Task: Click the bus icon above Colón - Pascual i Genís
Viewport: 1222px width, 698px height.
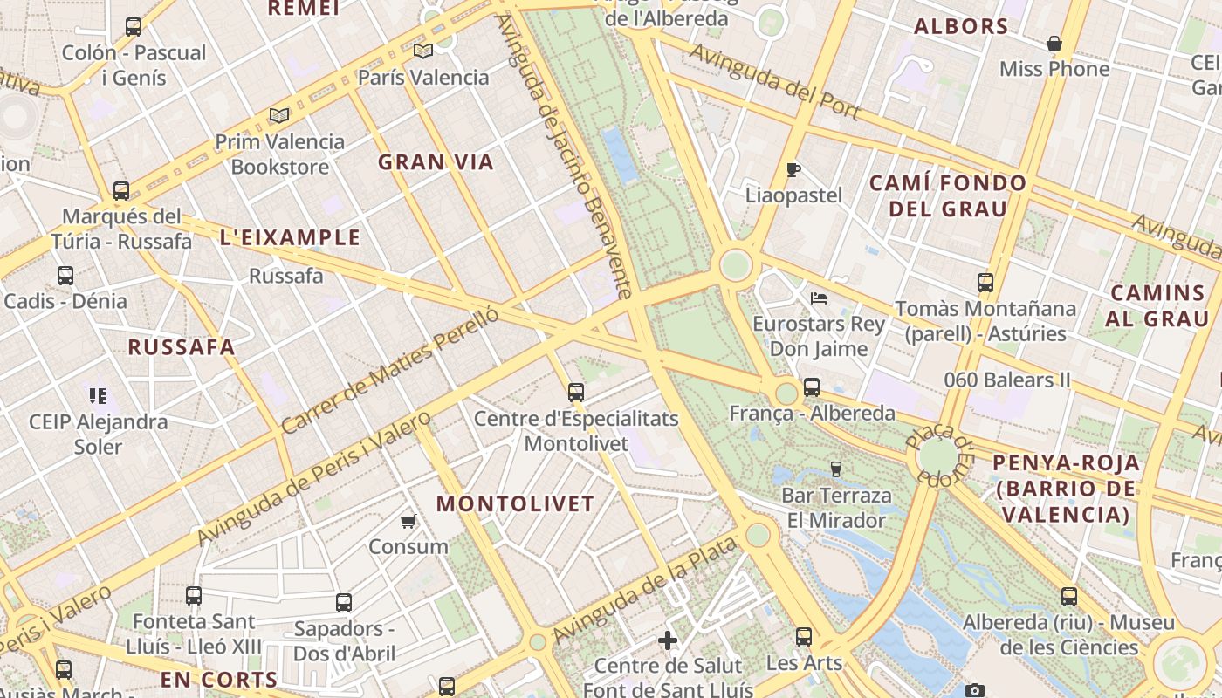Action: [134, 27]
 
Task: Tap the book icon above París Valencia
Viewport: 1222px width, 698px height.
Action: [423, 51]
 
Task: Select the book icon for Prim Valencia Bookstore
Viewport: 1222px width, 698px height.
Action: [279, 115]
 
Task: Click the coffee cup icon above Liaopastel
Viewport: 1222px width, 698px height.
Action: [793, 169]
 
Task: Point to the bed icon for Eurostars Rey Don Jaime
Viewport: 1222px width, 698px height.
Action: [819, 298]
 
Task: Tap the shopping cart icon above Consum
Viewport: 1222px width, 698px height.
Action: [408, 522]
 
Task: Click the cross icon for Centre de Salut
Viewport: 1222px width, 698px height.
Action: [668, 641]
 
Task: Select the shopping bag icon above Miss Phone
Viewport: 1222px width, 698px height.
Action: [1054, 44]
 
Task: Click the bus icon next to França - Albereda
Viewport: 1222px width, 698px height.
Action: [812, 387]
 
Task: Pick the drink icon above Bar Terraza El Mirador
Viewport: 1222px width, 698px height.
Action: [835, 469]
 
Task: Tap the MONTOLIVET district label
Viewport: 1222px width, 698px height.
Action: [515, 504]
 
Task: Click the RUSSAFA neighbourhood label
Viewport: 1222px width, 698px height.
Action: [182, 347]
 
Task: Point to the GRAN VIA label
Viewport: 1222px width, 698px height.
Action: [436, 162]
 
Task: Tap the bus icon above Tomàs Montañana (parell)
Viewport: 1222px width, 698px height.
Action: [985, 283]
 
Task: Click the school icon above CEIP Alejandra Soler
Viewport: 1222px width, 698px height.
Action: [98, 396]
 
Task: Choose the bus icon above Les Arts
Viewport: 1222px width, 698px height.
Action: [804, 637]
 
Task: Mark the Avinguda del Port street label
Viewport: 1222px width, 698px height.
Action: [774, 82]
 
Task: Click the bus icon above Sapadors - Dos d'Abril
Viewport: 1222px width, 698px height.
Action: [344, 603]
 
